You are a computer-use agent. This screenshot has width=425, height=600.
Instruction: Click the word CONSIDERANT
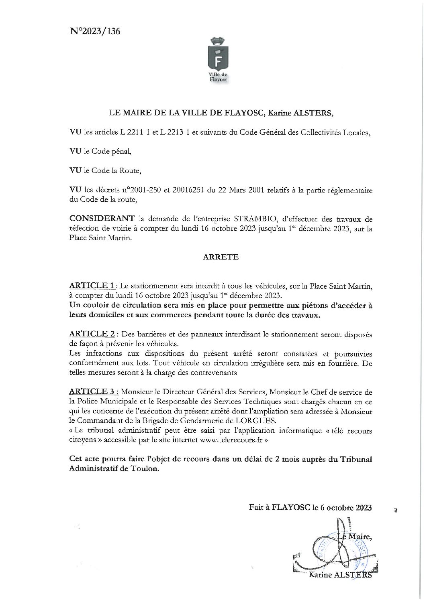[x=102, y=219]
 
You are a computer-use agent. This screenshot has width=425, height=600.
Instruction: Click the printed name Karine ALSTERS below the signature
[x=340, y=576]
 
